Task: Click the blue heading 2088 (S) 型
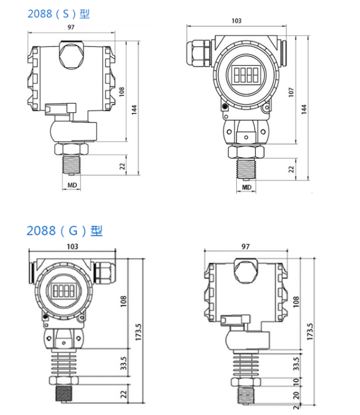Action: [x=58, y=14]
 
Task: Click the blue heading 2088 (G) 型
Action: [x=64, y=231]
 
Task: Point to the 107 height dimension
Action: [x=291, y=92]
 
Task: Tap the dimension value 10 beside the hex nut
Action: [x=296, y=381]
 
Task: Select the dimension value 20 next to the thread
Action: [x=296, y=395]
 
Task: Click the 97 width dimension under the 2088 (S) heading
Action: [x=71, y=27]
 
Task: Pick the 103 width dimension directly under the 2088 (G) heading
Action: [x=72, y=247]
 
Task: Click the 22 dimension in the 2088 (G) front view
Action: [x=124, y=394]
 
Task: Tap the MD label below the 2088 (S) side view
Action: [x=72, y=185]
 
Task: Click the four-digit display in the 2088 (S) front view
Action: [x=246, y=75]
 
